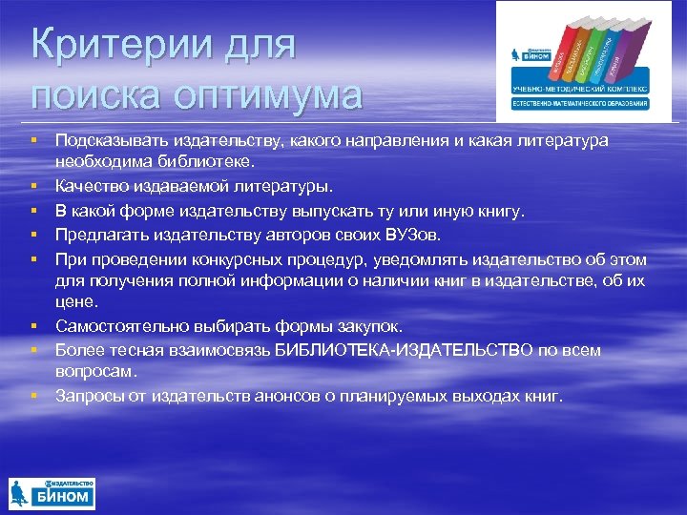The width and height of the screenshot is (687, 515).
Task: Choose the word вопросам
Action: [x=95, y=370]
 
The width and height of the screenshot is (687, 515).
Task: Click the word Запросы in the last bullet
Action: [x=87, y=394]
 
